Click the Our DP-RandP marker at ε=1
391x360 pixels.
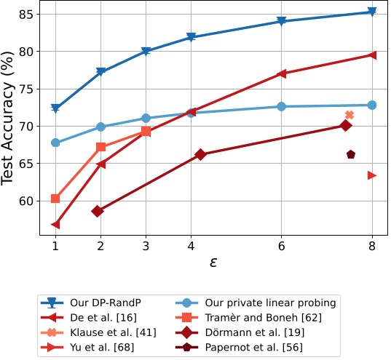(55, 108)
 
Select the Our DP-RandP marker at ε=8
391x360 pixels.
(372, 12)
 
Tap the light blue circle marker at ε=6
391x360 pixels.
(281, 107)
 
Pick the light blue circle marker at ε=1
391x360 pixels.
(55, 143)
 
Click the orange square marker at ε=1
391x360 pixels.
(55, 199)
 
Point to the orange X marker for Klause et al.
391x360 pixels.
(349, 115)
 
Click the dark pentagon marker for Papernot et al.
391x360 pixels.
(351, 154)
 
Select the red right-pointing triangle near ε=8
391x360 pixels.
(372, 175)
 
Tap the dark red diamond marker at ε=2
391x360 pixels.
(98, 211)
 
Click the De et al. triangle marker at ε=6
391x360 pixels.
(281, 73)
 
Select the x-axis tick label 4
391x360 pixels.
(191, 247)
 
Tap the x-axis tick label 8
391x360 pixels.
(373, 247)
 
